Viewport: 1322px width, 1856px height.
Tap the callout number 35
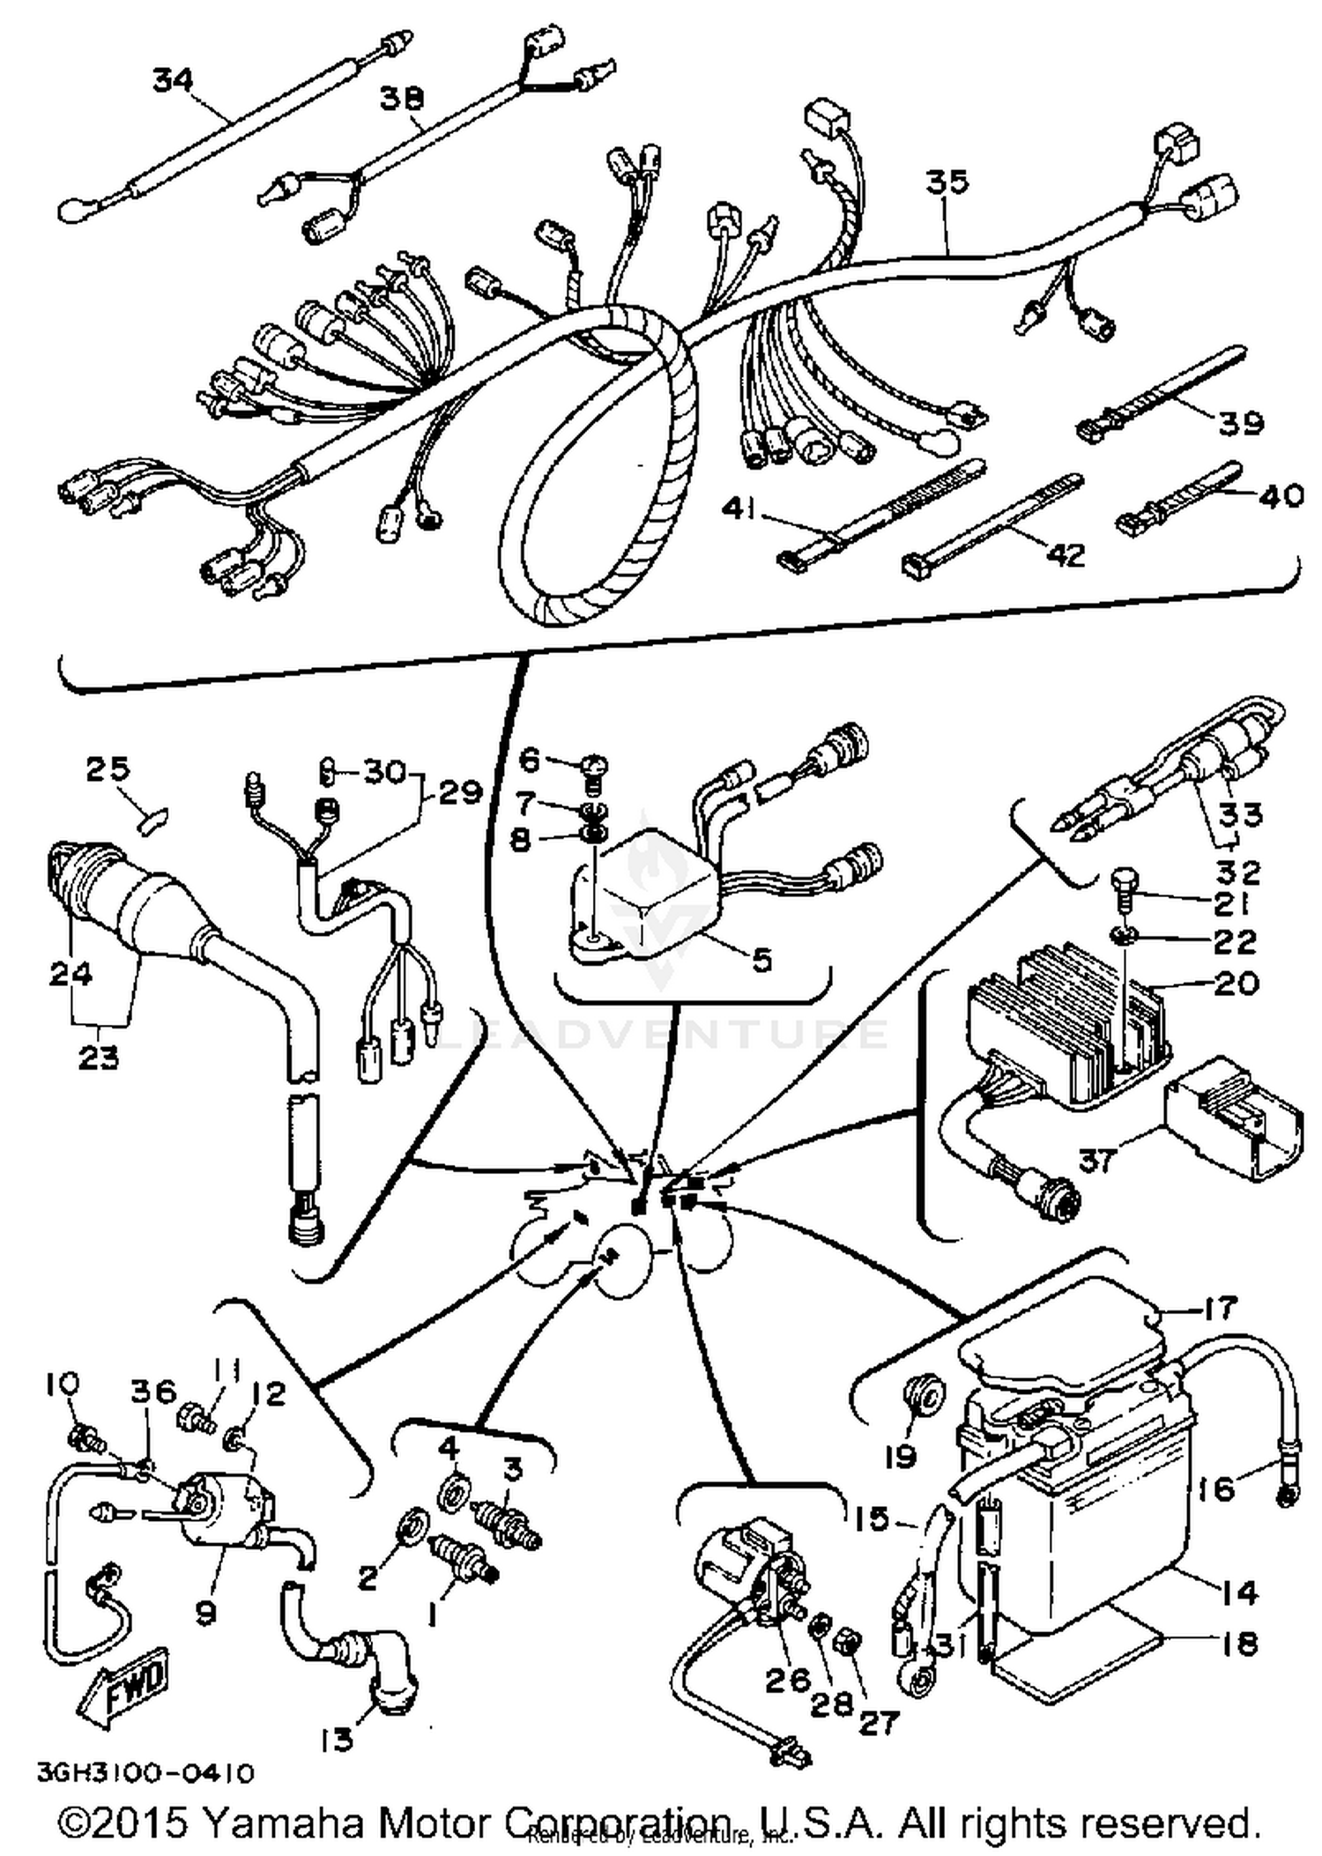point(947,182)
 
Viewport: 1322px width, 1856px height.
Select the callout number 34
point(174,79)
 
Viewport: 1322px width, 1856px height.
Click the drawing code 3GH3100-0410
point(145,1771)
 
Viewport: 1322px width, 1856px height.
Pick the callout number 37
point(1098,1161)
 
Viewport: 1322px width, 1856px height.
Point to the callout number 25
point(107,768)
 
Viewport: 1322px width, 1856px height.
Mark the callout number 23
point(98,1056)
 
